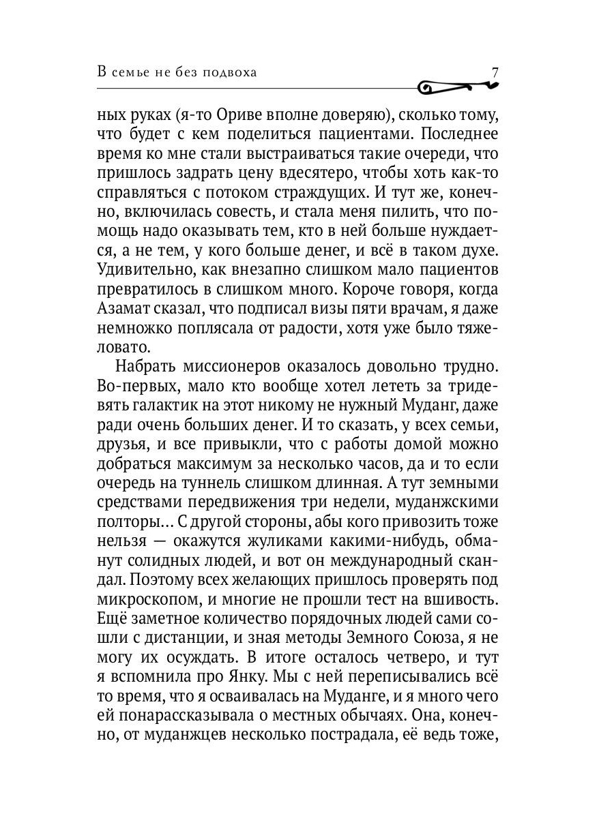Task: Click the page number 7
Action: click(496, 72)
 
